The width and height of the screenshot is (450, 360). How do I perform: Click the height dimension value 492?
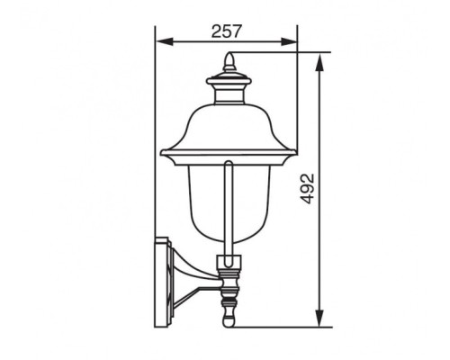(307, 190)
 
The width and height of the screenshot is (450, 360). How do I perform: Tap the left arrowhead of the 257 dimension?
(161, 41)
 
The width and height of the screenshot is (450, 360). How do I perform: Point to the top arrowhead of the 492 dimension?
(319, 58)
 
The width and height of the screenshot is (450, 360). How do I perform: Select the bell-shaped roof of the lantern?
(227, 126)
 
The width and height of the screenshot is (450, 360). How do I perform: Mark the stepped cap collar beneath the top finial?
(229, 85)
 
